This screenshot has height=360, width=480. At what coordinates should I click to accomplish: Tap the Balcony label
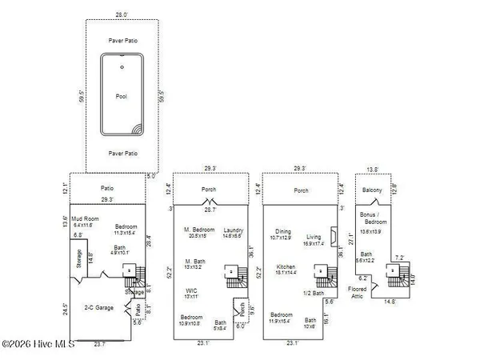tap(372, 190)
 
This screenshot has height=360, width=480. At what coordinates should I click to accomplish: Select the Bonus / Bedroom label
tap(372, 222)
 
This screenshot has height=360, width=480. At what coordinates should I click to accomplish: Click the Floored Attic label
tap(357, 292)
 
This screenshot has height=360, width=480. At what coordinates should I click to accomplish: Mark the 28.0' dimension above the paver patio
tap(122, 15)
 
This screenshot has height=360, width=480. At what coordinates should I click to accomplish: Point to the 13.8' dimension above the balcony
tap(372, 170)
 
